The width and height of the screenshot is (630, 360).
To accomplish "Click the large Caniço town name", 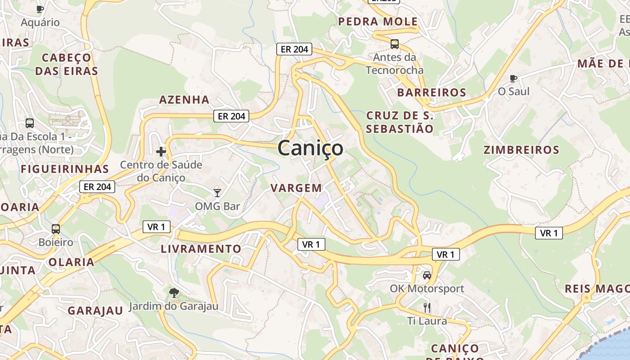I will (x=310, y=148).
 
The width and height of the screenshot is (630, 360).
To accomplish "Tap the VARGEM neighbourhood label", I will (x=296, y=188).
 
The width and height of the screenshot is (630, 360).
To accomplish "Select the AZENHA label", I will (x=184, y=99).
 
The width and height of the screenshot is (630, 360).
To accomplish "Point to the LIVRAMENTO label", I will (x=201, y=249).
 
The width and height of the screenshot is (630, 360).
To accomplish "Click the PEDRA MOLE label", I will (x=378, y=22).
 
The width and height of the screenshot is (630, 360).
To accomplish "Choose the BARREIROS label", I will (x=432, y=93).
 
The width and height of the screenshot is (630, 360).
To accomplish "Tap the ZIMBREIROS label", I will (x=522, y=150).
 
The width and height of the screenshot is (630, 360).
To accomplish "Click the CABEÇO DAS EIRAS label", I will (x=67, y=64).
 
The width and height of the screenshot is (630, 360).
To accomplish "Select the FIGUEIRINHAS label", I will (x=65, y=169).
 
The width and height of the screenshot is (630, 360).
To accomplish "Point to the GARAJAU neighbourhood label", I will (x=95, y=310).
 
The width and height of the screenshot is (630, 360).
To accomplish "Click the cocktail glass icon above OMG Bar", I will (x=217, y=193).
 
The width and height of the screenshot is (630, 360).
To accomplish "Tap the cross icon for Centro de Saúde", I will (x=161, y=152).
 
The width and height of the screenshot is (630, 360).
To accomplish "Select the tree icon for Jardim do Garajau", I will (x=174, y=293).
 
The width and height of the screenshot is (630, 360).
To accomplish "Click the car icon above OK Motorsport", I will (x=427, y=275).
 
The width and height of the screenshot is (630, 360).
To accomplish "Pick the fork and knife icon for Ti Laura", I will (x=427, y=308).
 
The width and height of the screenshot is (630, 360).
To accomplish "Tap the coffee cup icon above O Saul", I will (x=513, y=78).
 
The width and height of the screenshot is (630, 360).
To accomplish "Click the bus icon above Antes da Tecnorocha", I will (x=395, y=44).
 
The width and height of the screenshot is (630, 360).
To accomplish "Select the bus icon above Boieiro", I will (x=56, y=229).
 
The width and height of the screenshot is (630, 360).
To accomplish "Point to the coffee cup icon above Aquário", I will (x=40, y=9).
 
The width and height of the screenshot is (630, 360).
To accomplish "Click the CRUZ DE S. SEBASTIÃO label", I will (x=400, y=122).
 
